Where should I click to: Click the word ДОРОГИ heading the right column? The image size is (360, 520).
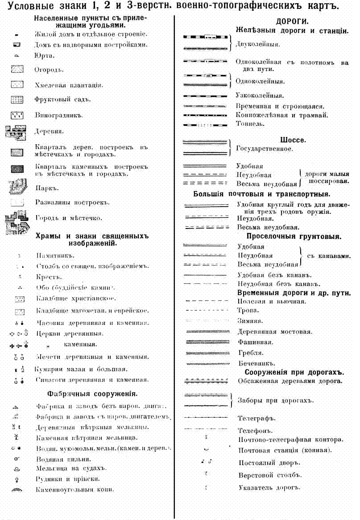click(293, 22)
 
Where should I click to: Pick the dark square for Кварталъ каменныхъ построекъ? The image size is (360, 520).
click(17, 169)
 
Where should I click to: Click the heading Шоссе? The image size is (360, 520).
click(293, 140)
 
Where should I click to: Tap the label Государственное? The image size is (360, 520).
click(265, 149)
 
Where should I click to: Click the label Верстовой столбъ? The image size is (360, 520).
click(267, 475)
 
